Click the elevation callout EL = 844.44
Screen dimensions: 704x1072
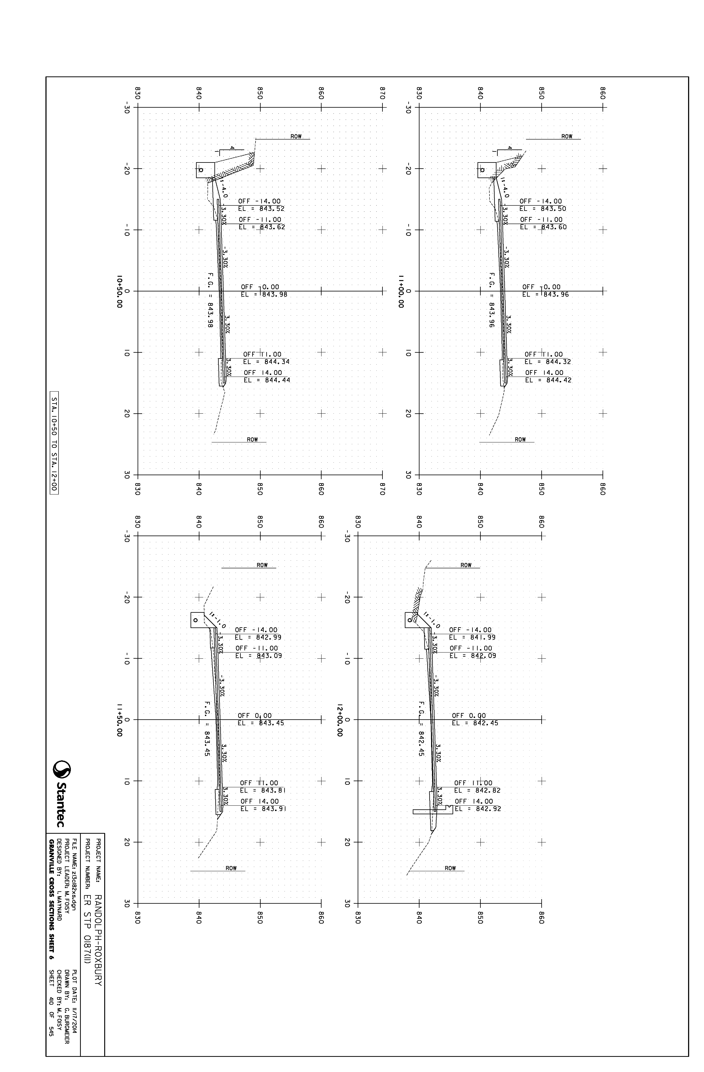(x=267, y=380)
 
